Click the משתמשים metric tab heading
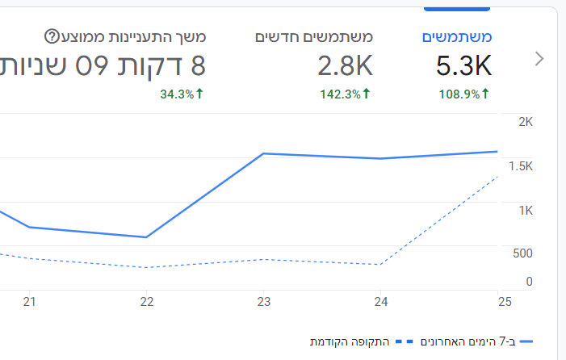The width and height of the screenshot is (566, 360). (457, 37)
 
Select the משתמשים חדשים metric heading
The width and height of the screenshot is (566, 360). (314, 37)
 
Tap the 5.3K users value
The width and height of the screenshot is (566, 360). (463, 65)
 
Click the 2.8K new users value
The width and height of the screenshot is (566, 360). (345, 65)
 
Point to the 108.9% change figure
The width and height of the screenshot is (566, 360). (459, 94)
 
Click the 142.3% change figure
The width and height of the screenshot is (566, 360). (340, 94)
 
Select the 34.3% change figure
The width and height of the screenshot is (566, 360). (177, 94)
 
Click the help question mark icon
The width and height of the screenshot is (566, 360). (52, 36)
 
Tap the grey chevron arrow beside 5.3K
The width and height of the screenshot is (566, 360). (539, 59)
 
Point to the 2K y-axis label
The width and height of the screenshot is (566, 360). (526, 122)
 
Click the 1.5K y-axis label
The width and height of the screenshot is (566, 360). (521, 166)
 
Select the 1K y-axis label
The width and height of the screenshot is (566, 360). (526, 211)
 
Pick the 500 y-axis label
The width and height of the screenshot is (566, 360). (522, 253)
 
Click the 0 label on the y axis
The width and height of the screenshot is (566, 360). (529, 282)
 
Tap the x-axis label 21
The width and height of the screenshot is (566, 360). (30, 302)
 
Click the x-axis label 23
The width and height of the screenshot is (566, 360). (264, 302)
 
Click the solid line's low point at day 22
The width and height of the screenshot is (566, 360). (146, 237)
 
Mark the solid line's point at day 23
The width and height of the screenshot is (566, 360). (263, 153)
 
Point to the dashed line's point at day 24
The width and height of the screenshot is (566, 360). (380, 265)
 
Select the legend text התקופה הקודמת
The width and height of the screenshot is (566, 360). (350, 341)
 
